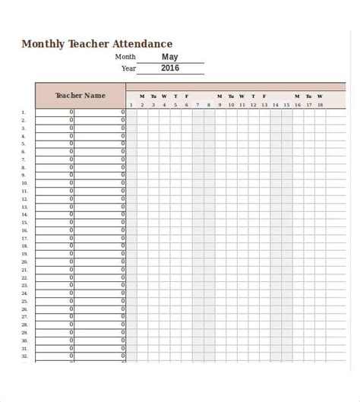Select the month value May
170,56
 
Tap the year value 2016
170,68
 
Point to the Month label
125,57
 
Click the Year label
128,68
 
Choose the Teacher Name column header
81,96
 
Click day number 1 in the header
131,105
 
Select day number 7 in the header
197,105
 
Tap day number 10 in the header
231,105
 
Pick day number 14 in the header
275,105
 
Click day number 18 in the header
320,105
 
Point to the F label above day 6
187,97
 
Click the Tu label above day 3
153,97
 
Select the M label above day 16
297,97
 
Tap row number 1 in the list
24,112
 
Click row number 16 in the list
24,230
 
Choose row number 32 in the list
24,356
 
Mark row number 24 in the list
24,293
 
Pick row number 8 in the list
24,167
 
